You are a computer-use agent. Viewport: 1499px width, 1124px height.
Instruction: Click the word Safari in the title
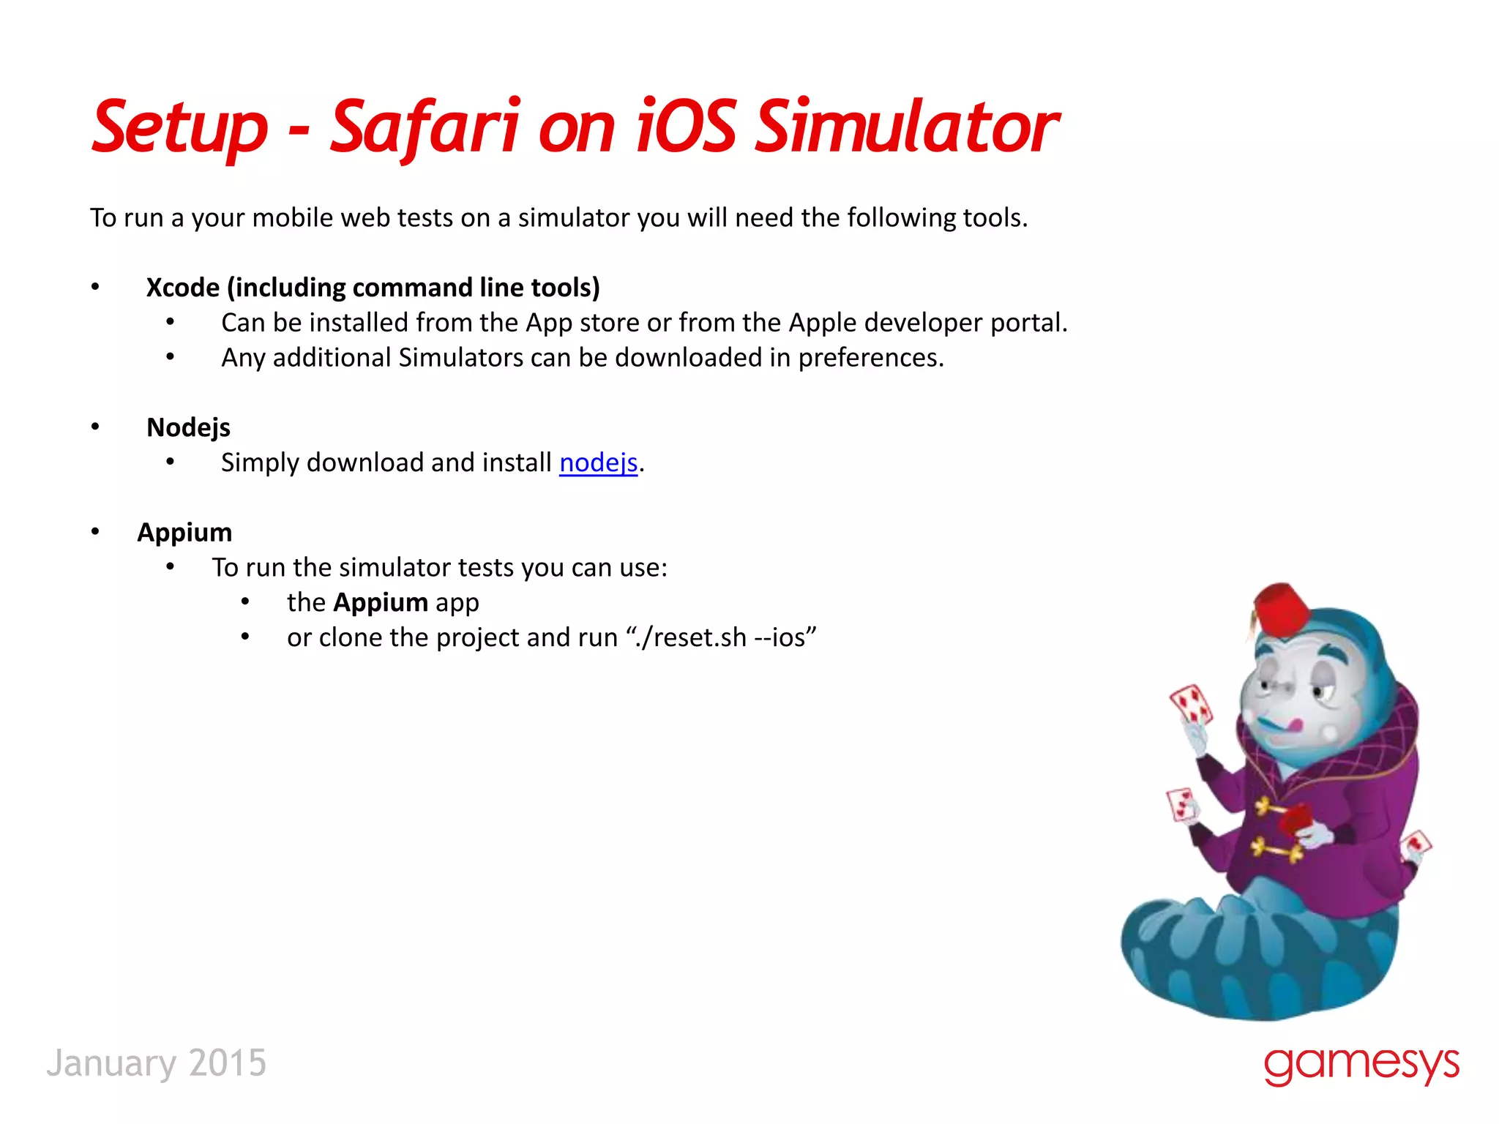[425, 128]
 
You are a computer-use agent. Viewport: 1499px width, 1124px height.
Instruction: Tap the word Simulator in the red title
[906, 128]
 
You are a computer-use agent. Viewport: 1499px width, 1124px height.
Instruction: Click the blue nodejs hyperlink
[598, 462]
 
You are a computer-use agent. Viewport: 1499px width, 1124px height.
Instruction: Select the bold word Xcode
[183, 288]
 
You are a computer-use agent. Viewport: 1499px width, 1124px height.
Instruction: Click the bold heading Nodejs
[188, 427]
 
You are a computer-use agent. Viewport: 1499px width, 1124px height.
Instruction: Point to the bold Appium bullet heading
[184, 532]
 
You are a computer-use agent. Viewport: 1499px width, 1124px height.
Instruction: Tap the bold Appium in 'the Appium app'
[381, 602]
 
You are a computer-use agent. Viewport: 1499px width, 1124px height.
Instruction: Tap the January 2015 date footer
[157, 1063]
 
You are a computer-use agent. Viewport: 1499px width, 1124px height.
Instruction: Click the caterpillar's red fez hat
[1281, 607]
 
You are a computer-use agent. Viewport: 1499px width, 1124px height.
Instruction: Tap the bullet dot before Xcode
[95, 287]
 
